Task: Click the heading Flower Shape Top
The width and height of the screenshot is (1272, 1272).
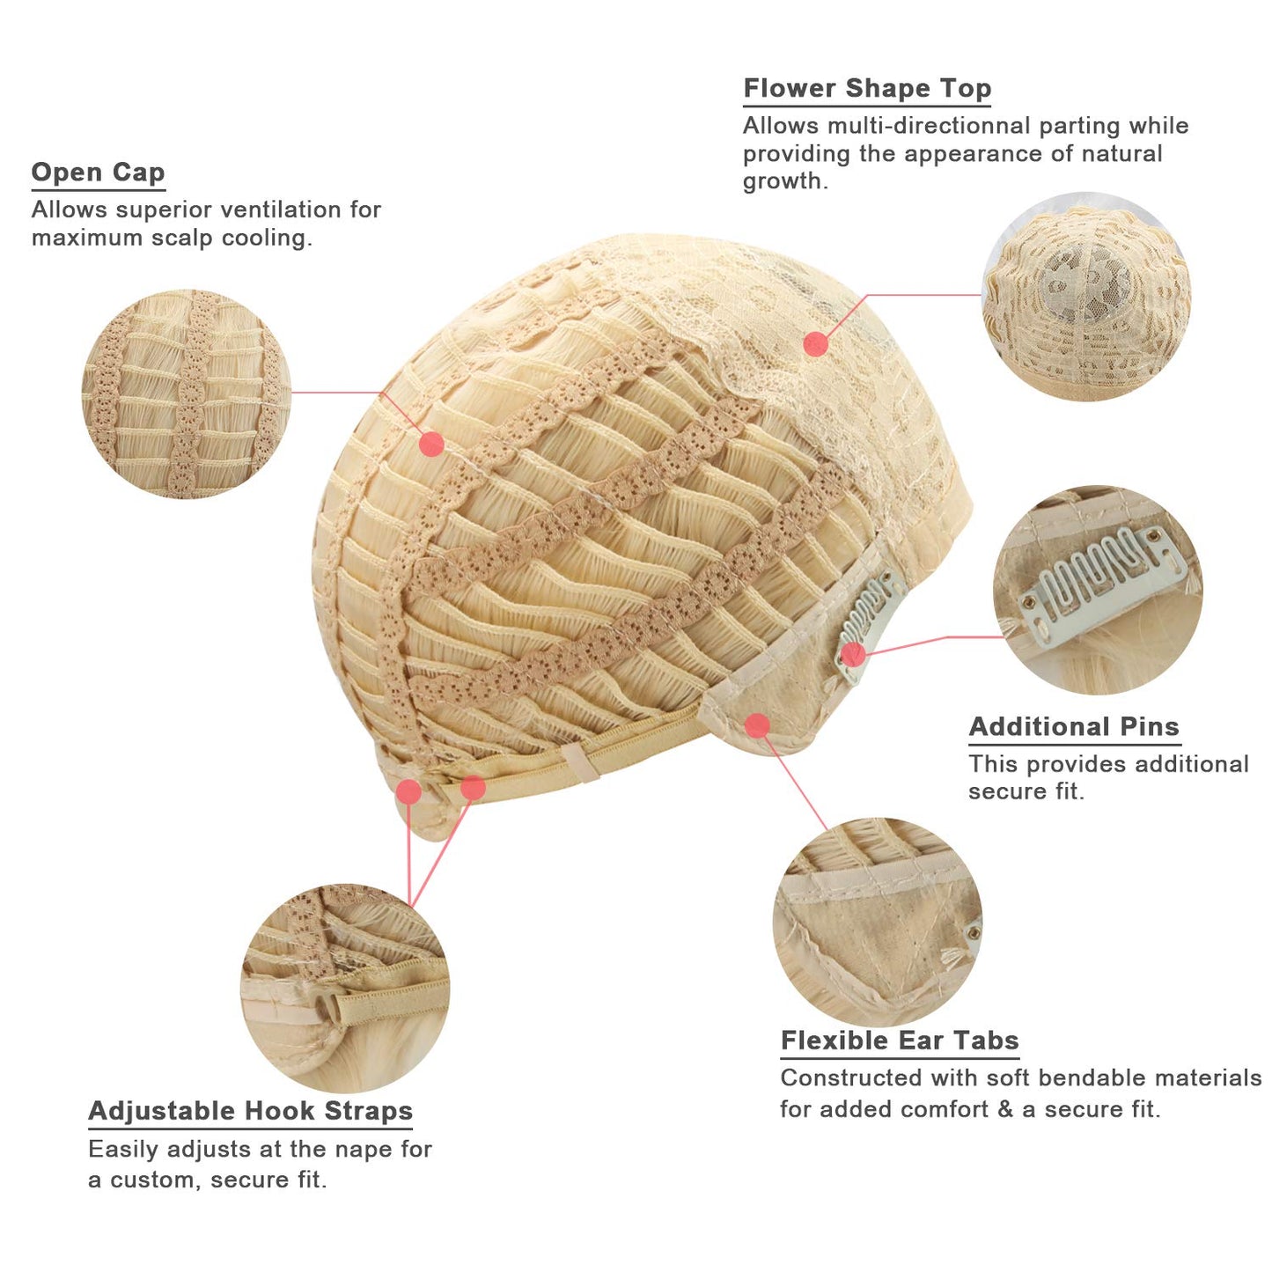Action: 867,88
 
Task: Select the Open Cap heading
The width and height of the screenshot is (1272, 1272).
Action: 98,173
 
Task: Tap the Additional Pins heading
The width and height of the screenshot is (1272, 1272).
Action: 1074,727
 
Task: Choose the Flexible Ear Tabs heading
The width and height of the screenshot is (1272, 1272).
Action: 900,1040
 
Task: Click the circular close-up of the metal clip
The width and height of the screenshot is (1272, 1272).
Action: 1097,590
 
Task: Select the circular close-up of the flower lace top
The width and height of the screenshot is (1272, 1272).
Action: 1086,297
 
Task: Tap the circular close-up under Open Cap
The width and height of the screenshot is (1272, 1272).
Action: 186,394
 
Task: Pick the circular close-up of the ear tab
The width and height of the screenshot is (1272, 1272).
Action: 878,923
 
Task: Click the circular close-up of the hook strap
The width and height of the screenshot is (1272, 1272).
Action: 344,989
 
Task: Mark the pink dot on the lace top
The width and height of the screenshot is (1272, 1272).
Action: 816,343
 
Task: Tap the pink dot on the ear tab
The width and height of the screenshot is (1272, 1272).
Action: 758,725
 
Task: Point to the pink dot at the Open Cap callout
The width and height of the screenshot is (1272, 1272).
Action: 431,445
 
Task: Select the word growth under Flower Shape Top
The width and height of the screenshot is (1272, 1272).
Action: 785,180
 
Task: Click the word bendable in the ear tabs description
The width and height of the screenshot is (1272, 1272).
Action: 1065,1078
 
